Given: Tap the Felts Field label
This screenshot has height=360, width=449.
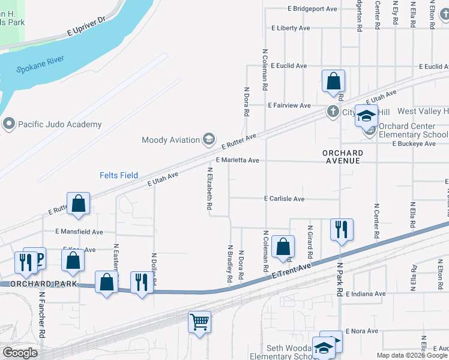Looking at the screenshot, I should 118,175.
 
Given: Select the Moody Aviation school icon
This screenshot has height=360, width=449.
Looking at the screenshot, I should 208,140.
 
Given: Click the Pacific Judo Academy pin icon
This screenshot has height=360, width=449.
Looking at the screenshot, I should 8,124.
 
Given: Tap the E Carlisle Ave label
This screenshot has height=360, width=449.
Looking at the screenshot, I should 284,199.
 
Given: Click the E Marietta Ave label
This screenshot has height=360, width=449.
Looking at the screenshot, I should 237,161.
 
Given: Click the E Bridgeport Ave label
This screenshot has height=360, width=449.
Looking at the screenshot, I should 312,9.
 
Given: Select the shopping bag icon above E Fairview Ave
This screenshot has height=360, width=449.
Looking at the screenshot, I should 333,80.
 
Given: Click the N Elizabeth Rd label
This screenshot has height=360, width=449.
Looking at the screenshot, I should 210,188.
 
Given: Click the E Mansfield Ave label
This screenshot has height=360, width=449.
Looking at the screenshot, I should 79,232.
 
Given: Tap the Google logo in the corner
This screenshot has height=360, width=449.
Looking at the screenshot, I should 20,353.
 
